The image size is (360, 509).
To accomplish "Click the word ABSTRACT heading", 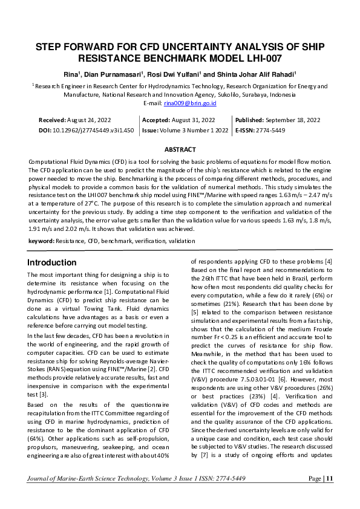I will (180, 149).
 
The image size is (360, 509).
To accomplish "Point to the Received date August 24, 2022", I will (88, 120).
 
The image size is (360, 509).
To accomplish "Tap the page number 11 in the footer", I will (330, 479).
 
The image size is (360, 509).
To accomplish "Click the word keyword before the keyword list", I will (41, 241).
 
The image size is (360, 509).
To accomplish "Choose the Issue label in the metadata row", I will (149, 130).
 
